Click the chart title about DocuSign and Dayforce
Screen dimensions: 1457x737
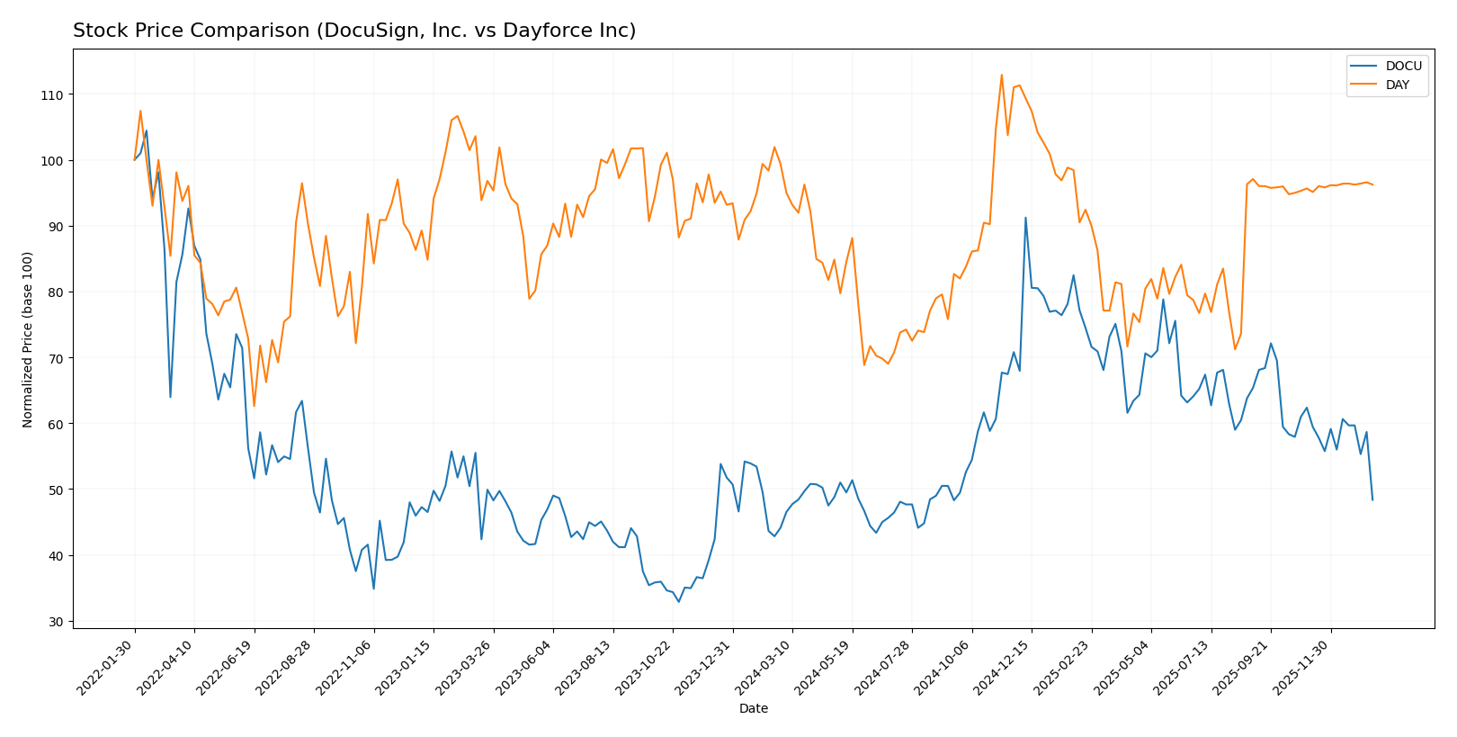tap(354, 31)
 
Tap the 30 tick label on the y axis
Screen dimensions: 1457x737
tap(55, 622)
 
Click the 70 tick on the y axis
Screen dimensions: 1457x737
tap(55, 358)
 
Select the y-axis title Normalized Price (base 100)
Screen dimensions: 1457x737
tap(28, 339)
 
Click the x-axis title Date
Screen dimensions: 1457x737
tap(753, 708)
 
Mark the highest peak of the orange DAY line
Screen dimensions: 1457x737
tap(1001, 75)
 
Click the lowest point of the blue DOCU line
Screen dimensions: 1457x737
tap(679, 601)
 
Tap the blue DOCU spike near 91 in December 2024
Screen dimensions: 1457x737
tap(1025, 218)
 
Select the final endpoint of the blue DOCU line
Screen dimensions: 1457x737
tap(1372, 499)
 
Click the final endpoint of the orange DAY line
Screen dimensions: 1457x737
tap(1372, 184)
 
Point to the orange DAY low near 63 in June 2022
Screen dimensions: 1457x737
tap(254, 406)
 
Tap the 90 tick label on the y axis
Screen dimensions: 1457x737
tap(55, 227)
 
